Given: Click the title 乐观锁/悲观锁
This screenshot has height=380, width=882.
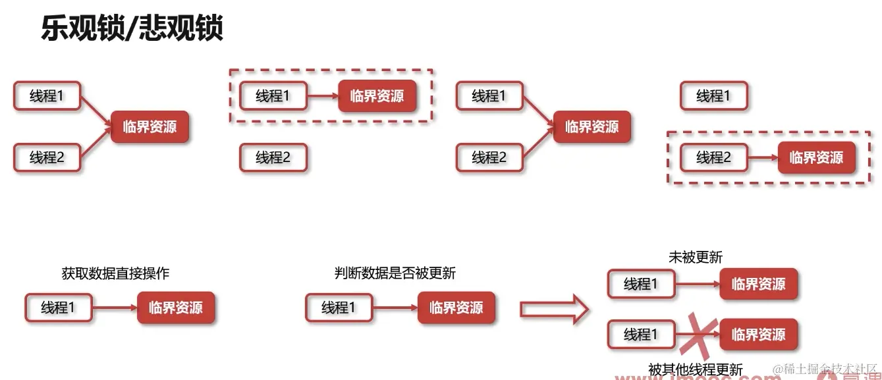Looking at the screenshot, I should click(x=132, y=29).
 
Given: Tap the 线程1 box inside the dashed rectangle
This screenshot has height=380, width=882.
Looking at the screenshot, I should click(x=273, y=96).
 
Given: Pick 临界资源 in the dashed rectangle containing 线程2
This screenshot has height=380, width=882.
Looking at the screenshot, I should click(x=816, y=158).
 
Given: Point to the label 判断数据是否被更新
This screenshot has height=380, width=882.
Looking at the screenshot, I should click(x=395, y=273).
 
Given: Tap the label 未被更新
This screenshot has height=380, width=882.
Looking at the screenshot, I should click(x=696, y=258).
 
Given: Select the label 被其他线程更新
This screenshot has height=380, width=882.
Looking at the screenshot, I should click(x=696, y=369).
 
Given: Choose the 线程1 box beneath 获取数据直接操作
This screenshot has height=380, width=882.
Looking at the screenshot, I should click(x=58, y=308).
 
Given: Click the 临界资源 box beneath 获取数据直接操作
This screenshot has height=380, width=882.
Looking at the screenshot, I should click(x=176, y=308).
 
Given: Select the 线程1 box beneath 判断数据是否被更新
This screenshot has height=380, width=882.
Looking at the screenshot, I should click(x=339, y=308).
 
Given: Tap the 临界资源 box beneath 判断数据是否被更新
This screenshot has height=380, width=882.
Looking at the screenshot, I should click(x=456, y=308).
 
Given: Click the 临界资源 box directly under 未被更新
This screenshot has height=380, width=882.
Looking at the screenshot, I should click(x=758, y=285).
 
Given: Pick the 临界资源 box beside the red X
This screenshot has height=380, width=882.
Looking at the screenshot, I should click(x=758, y=335).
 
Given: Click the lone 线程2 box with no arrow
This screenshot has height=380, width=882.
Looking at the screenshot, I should click(x=273, y=158).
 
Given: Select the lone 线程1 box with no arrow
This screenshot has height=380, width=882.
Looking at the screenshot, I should click(x=714, y=96).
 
